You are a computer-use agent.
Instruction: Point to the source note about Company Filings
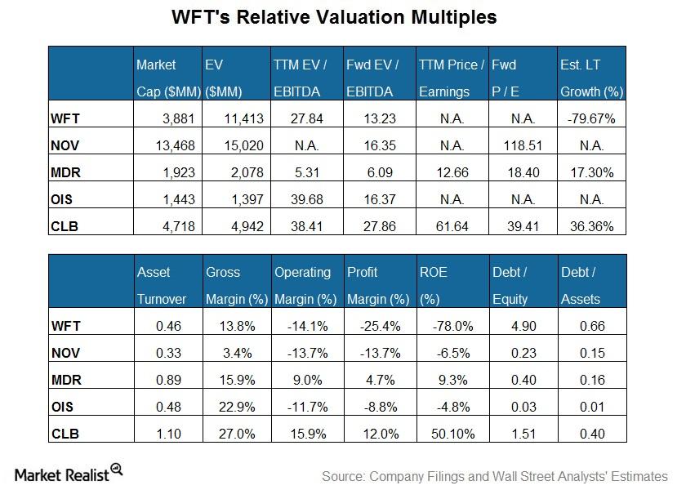494,475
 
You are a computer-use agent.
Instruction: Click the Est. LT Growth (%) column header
591,78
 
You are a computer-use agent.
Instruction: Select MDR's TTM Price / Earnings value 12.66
452,172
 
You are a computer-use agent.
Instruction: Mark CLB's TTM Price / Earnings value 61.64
452,226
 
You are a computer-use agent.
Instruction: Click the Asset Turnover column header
163,285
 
